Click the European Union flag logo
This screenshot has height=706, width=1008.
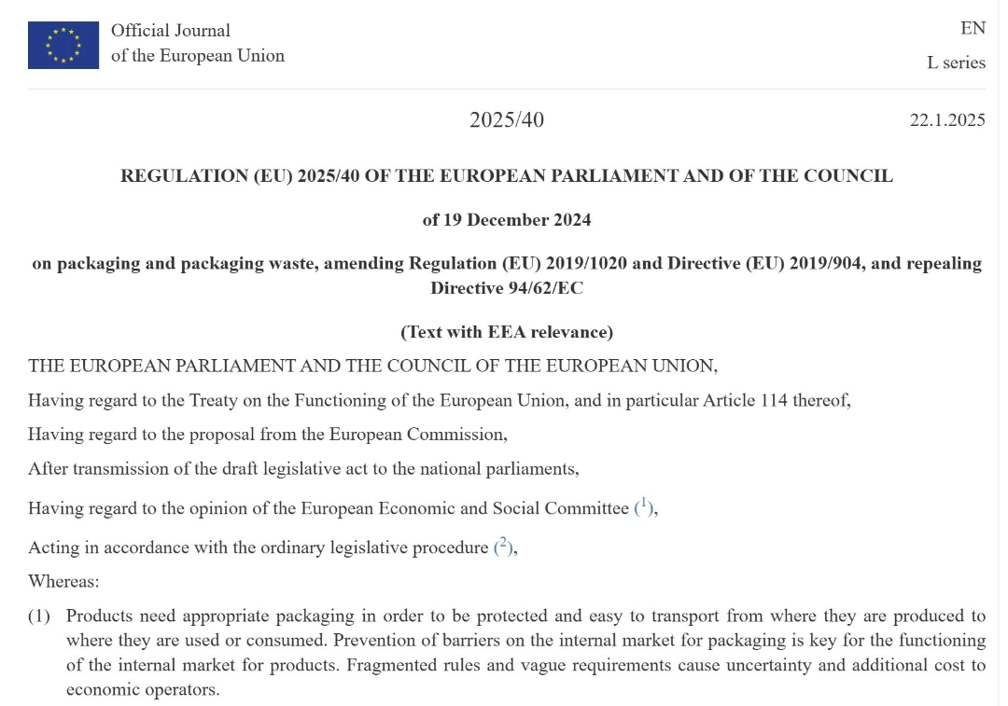63,45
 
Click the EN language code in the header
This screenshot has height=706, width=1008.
973,28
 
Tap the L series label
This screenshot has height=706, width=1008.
956,62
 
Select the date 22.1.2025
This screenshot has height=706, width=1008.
947,120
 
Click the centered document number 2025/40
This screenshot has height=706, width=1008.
506,120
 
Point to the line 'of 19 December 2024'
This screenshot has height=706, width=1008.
506,220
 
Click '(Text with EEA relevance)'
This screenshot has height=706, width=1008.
506,332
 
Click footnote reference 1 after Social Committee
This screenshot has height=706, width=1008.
643,505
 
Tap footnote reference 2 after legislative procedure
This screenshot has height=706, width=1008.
503,546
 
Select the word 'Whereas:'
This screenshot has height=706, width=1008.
63,581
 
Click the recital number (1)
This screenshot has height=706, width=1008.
39,616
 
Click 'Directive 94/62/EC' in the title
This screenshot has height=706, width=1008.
506,288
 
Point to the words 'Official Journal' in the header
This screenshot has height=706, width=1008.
170,31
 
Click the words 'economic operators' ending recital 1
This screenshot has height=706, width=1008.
142,690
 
